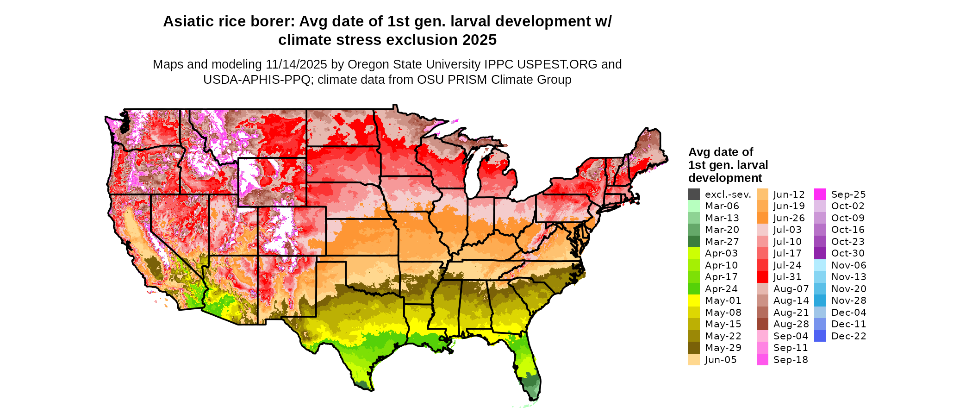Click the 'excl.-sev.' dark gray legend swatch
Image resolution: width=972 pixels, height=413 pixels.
coord(694,194)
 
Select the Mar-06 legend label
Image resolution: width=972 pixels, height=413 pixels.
coord(722,206)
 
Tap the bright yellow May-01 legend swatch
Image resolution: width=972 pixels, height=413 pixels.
coord(694,300)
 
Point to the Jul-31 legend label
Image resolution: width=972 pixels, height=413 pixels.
coord(787,277)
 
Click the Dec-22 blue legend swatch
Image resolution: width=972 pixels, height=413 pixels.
coord(820,336)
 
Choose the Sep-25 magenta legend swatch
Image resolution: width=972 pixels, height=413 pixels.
coord(820,194)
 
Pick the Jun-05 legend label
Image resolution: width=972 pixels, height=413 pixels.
coord(720,360)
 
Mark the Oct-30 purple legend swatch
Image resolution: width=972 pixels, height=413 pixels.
coord(820,253)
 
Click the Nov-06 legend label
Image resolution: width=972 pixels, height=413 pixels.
coord(848,265)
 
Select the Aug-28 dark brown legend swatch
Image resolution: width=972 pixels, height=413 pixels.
coord(762,324)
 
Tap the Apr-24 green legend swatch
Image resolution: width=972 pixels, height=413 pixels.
coord(694,289)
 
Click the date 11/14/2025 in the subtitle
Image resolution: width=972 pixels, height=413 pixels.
coord(296,64)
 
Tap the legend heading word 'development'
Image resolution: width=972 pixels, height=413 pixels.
coord(725,178)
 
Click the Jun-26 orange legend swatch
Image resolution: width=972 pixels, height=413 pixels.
coord(762,218)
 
